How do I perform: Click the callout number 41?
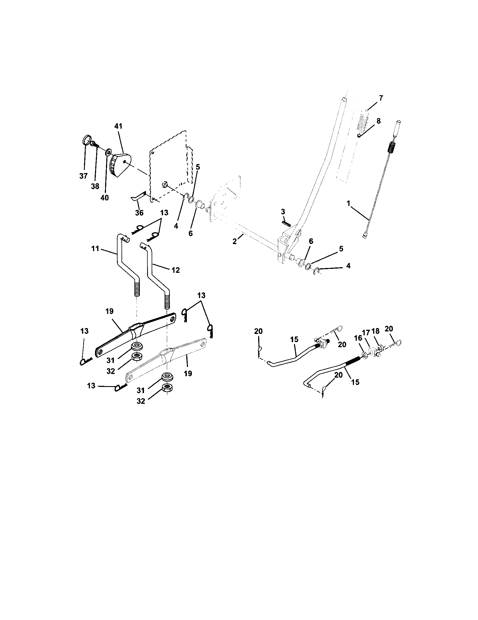tap(118, 126)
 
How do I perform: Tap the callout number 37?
tap(83, 176)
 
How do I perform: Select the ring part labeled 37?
tap(87, 141)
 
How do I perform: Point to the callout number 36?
tap(139, 212)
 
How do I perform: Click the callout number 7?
tap(381, 98)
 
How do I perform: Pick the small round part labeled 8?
tap(359, 136)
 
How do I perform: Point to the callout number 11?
tap(95, 249)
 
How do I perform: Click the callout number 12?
tap(175, 270)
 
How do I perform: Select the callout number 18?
tap(375, 331)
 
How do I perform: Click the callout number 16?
tap(358, 338)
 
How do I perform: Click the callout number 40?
tap(105, 198)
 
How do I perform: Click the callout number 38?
tap(95, 186)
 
